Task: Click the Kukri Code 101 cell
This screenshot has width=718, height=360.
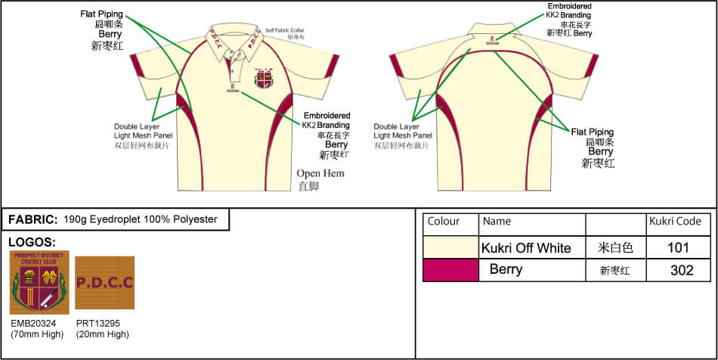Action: pyautogui.click(x=678, y=247)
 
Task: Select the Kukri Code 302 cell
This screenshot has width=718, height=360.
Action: pyautogui.click(x=678, y=270)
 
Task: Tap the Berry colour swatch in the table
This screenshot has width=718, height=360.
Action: pyautogui.click(x=450, y=270)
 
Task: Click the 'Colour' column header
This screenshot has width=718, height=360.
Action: pyautogui.click(x=444, y=222)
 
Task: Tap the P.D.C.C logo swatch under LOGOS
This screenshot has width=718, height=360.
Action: pyautogui.click(x=105, y=282)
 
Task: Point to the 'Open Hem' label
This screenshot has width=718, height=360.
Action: pyautogui.click(x=320, y=173)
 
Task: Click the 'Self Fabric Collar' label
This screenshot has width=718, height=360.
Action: pyautogui.click(x=285, y=29)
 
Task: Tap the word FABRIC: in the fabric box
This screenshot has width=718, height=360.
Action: pyautogui.click(x=32, y=219)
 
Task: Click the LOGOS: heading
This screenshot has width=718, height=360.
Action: pyautogui.click(x=31, y=242)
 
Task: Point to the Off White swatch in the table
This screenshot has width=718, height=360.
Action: pyautogui.click(x=450, y=247)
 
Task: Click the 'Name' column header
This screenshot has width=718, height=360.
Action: pyautogui.click(x=497, y=222)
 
